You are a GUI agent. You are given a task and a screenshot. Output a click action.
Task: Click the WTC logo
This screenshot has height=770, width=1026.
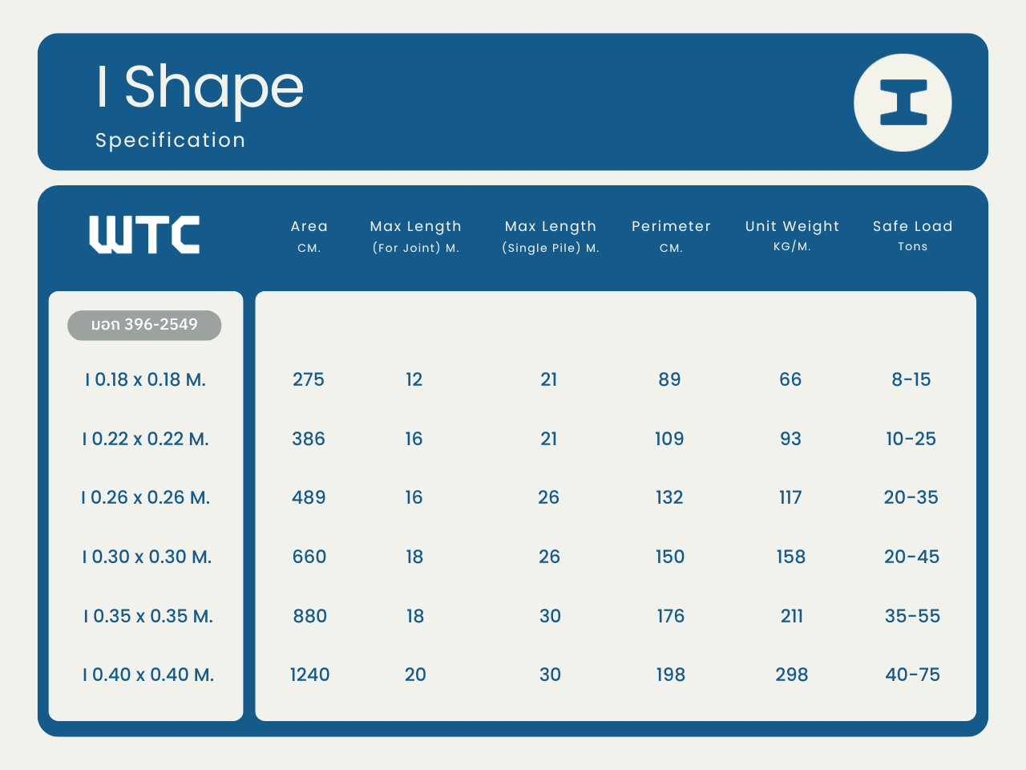(144, 235)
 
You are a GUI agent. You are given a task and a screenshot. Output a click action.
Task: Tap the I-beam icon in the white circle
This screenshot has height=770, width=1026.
(903, 103)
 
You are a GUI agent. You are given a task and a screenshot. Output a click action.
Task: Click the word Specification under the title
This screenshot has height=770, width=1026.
(170, 140)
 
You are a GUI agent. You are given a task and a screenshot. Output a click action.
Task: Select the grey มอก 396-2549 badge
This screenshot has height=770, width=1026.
(144, 325)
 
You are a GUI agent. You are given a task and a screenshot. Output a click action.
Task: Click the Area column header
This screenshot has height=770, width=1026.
(309, 236)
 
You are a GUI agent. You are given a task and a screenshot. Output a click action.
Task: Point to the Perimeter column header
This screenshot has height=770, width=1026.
(671, 236)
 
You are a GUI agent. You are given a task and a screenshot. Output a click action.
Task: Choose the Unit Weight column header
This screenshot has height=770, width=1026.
(792, 235)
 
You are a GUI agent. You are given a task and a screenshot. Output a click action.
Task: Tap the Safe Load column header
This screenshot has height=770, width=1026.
(912, 235)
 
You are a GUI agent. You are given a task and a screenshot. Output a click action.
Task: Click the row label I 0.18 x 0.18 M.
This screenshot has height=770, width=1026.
(145, 379)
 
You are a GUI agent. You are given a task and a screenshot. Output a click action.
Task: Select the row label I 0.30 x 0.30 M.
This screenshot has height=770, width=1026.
(147, 557)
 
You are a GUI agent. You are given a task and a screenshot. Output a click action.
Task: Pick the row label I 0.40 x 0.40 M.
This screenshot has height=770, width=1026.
(148, 675)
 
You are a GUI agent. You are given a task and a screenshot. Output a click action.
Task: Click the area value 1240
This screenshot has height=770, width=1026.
(309, 675)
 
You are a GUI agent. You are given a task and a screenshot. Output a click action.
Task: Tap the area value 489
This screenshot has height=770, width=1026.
(309, 497)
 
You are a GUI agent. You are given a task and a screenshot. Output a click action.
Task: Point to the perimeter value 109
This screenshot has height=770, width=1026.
(669, 439)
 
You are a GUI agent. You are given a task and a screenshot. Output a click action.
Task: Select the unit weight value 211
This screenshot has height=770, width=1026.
(791, 616)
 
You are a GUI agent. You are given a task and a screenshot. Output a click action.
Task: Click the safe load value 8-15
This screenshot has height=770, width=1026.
(911, 379)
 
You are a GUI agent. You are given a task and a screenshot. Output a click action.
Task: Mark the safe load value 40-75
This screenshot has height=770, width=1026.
(912, 675)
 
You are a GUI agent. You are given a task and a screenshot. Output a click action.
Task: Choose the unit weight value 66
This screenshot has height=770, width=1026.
(790, 379)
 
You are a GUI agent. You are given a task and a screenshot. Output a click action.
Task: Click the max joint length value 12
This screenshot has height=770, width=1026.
(414, 379)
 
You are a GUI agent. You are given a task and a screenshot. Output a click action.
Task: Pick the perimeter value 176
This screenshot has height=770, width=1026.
(671, 616)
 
